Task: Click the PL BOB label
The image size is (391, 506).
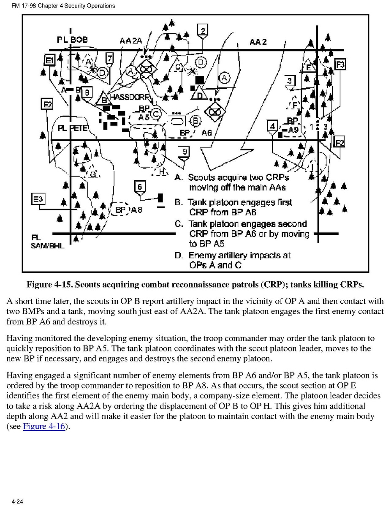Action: click(x=73, y=40)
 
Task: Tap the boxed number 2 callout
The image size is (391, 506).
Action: click(x=202, y=30)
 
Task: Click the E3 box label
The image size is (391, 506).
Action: click(x=38, y=199)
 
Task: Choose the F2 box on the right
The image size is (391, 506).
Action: click(x=339, y=142)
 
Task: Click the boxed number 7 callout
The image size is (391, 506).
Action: click(x=109, y=58)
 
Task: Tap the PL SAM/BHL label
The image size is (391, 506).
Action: click(x=47, y=242)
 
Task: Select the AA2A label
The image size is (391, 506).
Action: click(x=130, y=41)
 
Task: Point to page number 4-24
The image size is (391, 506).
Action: click(x=17, y=501)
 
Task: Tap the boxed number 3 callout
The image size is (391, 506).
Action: click(x=289, y=81)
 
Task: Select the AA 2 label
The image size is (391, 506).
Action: click(x=258, y=42)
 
